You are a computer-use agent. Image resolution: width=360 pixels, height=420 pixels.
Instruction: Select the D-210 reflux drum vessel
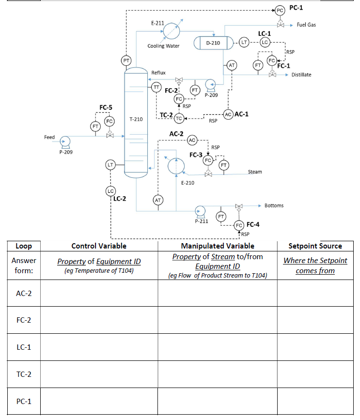click(x=213, y=43)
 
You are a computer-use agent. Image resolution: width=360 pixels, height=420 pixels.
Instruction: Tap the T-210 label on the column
click(x=136, y=119)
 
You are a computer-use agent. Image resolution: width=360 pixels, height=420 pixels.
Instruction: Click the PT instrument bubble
click(x=126, y=60)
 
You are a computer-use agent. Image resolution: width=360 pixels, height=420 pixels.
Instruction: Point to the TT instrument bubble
click(x=156, y=87)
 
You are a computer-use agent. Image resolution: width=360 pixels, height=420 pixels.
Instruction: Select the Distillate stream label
click(x=301, y=75)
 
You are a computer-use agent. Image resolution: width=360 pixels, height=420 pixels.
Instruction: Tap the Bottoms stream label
click(x=274, y=205)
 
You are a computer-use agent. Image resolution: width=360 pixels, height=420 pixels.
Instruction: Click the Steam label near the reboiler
click(x=255, y=172)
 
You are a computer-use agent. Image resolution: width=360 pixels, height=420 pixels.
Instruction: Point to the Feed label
click(x=49, y=137)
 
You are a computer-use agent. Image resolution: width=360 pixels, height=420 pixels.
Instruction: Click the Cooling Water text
click(x=163, y=46)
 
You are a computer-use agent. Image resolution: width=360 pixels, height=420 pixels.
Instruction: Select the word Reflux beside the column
click(x=158, y=73)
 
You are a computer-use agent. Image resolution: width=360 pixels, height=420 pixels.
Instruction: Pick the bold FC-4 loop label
click(x=253, y=224)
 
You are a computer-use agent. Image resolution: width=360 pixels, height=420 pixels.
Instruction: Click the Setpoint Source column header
click(x=315, y=246)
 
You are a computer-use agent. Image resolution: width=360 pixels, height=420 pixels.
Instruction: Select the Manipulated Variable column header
click(x=217, y=246)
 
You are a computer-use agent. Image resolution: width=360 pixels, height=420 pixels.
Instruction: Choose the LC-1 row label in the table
click(x=24, y=347)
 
